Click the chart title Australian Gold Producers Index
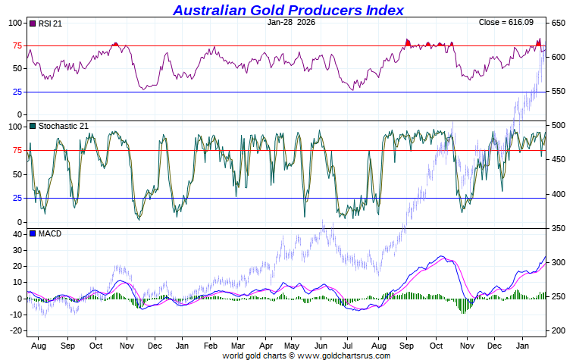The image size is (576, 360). (x=288, y=10)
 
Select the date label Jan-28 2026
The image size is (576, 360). (x=293, y=23)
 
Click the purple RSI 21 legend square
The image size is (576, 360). (x=33, y=23)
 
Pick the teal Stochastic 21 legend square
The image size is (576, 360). (x=33, y=126)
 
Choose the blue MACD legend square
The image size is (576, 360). (x=33, y=233)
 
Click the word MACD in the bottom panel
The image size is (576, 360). (x=49, y=233)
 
